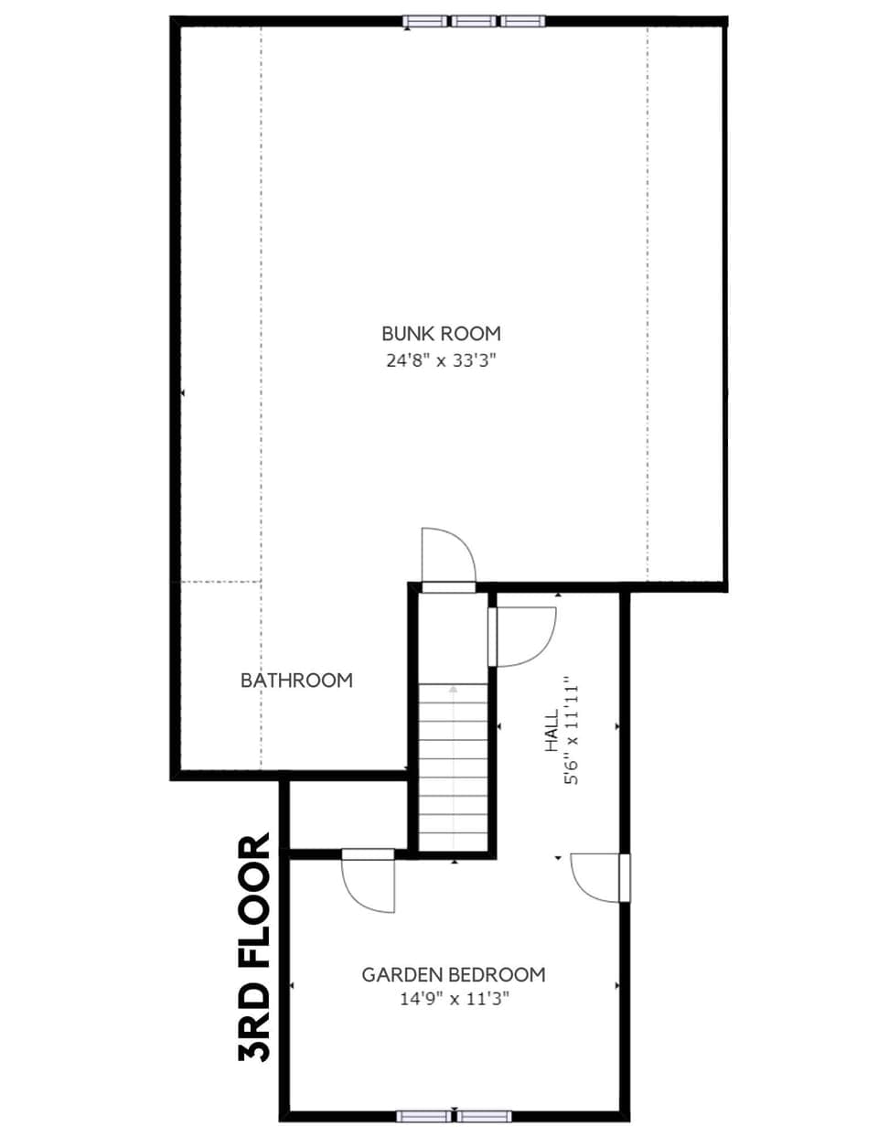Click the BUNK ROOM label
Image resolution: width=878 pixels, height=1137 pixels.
441,334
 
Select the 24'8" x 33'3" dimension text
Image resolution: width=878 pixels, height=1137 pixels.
441,360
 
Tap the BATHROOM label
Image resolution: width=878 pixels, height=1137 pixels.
295,681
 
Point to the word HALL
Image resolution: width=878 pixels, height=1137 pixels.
551,732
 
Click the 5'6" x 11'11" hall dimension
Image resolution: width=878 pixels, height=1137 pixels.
573,732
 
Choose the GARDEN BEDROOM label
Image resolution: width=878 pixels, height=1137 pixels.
454,975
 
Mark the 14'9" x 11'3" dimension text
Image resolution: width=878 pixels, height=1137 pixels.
454,999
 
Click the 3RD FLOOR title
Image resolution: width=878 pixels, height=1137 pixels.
255,948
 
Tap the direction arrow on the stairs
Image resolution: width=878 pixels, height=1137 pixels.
454,688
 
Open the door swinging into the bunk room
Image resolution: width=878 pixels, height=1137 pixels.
448,556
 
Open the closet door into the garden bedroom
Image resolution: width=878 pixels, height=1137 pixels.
369,880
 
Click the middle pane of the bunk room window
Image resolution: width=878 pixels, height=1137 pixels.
475,21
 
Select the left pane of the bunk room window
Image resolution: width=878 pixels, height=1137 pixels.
428,21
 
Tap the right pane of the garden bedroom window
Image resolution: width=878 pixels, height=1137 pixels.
484,1116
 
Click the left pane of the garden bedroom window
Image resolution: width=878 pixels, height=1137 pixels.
424,1116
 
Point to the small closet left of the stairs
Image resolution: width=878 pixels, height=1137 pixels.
348,816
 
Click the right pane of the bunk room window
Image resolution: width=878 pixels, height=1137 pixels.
521,21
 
